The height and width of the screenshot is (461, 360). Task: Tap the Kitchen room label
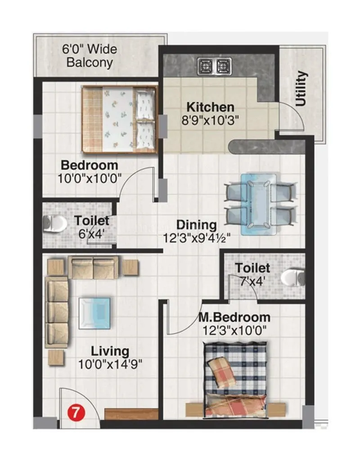[x=210, y=107]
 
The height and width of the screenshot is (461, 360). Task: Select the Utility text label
[x=301, y=89]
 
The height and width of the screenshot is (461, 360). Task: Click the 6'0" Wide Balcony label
[x=90, y=56]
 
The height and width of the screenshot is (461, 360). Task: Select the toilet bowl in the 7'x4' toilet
[x=293, y=277]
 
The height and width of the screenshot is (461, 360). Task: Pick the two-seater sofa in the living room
[x=93, y=268]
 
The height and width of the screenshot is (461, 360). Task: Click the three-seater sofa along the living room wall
[x=57, y=313]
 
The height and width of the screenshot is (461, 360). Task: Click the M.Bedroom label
[x=234, y=318]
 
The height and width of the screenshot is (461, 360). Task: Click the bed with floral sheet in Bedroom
[x=119, y=119]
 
